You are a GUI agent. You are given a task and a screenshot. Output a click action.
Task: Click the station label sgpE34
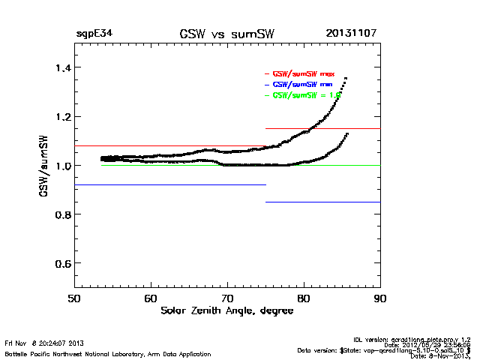click(x=94, y=34)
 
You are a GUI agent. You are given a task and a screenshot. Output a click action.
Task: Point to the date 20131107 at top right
click(x=352, y=34)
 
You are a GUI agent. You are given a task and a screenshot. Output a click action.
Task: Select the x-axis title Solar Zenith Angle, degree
click(x=227, y=310)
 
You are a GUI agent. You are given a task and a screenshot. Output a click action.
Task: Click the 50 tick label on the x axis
click(x=74, y=298)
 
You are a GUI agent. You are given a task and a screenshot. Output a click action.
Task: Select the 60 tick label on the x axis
click(x=151, y=298)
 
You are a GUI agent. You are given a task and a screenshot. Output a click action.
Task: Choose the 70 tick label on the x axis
click(x=227, y=298)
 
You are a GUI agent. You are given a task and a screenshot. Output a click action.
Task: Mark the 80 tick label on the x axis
click(x=304, y=298)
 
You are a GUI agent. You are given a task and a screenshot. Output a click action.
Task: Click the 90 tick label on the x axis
click(x=380, y=298)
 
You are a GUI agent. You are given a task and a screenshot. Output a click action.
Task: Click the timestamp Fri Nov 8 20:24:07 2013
click(x=43, y=343)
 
